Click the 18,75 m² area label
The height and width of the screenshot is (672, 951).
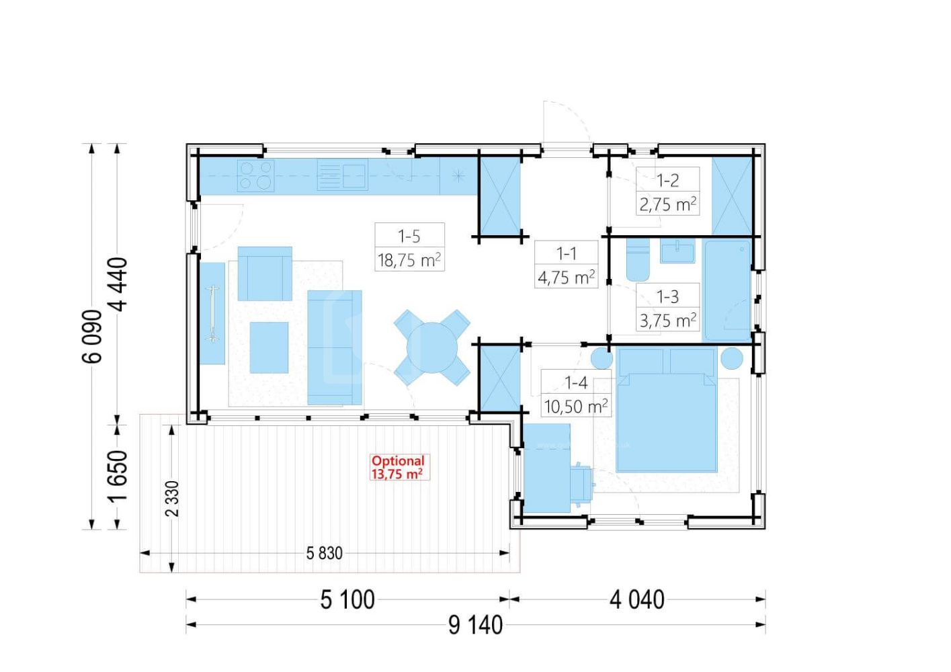click(409, 260)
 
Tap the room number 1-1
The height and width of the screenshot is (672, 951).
click(567, 253)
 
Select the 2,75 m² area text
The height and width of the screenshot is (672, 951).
click(668, 204)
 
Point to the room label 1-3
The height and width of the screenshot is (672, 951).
click(668, 296)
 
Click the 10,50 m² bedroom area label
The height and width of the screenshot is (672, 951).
click(576, 407)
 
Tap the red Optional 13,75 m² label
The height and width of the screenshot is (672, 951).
click(398, 467)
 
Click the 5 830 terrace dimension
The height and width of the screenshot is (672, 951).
click(325, 553)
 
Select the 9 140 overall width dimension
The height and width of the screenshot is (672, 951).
click(476, 626)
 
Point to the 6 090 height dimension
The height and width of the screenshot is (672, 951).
click(92, 337)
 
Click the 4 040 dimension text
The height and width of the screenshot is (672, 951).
click(637, 600)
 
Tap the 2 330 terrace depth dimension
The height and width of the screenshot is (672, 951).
click(172, 499)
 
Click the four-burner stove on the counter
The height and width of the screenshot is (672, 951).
click(255, 175)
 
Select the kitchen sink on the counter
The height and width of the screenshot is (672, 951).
click(342, 175)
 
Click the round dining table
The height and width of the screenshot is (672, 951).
click(431, 347)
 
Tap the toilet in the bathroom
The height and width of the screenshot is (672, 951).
click(638, 260)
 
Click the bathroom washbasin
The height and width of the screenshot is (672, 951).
click(677, 251)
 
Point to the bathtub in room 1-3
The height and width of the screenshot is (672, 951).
click(727, 291)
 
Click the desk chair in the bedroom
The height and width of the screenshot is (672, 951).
click(581, 485)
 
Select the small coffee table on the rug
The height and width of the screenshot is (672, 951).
click(269, 347)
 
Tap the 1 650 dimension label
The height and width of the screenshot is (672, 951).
click(118, 476)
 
